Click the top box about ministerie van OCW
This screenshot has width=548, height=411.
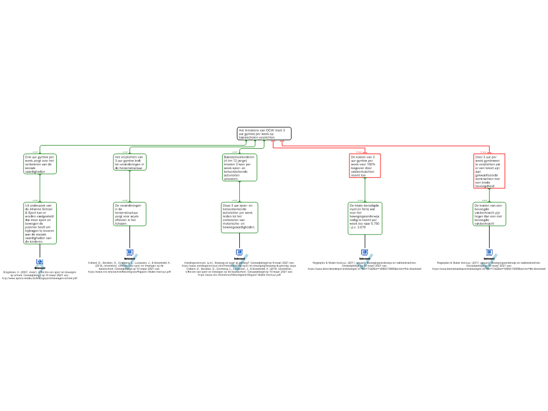(264, 134)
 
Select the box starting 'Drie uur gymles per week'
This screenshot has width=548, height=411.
(40, 164)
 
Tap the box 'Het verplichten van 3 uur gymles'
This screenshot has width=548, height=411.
(130, 162)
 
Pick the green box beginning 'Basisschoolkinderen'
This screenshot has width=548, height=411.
(240, 168)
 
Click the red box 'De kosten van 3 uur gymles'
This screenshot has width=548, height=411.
(364, 166)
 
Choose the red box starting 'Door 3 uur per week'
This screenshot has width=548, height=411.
(489, 171)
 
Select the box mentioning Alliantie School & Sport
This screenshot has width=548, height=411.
(40, 223)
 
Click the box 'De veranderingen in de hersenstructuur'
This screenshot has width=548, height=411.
(130, 214)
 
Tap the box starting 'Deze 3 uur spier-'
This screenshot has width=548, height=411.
(240, 217)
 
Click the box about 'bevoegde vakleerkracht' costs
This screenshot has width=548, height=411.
(489, 214)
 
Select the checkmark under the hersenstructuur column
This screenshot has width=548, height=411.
(130, 263)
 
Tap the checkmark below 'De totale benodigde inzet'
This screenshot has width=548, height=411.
(364, 263)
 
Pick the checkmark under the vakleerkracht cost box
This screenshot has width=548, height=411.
(489, 263)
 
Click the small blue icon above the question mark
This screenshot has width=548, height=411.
(40, 262)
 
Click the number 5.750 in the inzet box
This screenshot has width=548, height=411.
(374, 224)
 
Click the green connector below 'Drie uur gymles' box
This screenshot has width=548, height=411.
(40, 188)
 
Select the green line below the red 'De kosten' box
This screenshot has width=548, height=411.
(364, 190)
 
